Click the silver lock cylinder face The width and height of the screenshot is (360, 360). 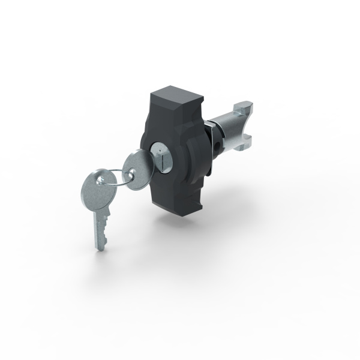[x=161, y=155]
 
